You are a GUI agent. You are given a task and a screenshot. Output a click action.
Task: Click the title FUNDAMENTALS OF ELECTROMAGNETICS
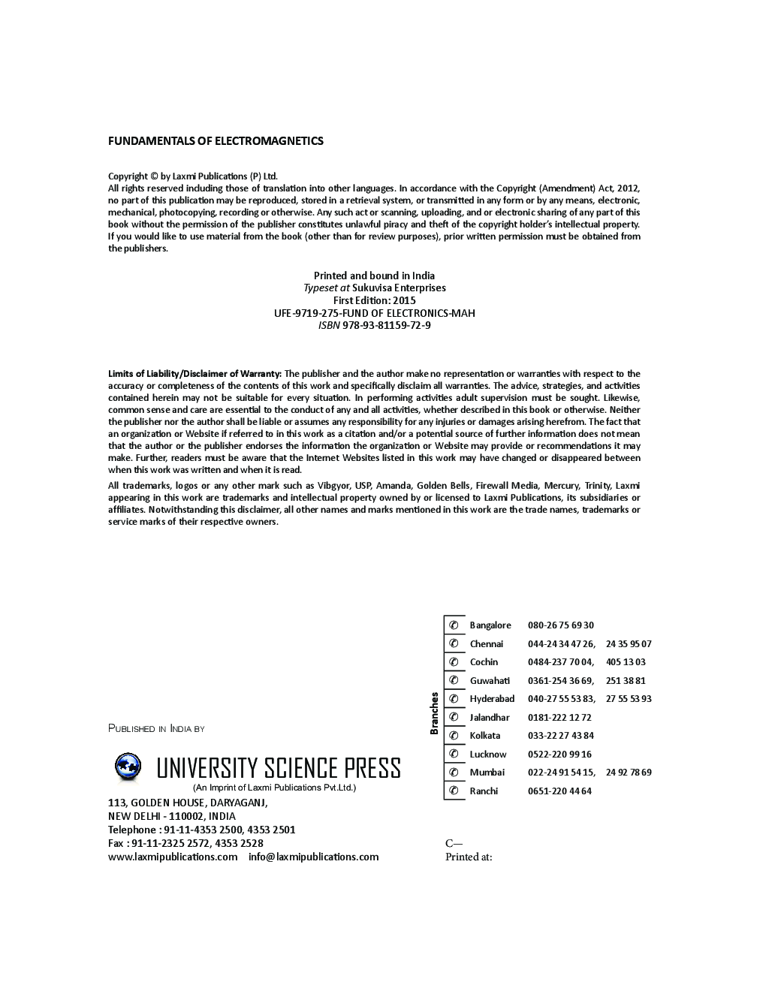pyautogui.click(x=216, y=140)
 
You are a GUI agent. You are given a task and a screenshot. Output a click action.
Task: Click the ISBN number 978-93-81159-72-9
pyautogui.click(x=386, y=325)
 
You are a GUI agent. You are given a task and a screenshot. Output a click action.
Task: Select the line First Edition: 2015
pyautogui.click(x=374, y=300)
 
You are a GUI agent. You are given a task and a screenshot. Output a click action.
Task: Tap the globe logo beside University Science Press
pyautogui.click(x=128, y=767)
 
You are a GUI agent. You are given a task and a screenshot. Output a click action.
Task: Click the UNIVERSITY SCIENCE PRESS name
pyautogui.click(x=278, y=768)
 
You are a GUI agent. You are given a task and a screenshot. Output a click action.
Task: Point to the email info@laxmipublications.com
pyautogui.click(x=313, y=857)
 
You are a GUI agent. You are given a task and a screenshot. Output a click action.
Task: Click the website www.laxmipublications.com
pyautogui.click(x=173, y=857)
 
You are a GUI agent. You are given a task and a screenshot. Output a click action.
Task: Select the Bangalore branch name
pyautogui.click(x=490, y=625)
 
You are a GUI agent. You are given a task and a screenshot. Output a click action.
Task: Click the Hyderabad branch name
pyautogui.click(x=492, y=699)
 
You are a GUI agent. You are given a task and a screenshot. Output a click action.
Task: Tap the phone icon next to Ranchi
pyautogui.click(x=454, y=791)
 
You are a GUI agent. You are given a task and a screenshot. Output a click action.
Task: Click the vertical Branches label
pyautogui.click(x=434, y=713)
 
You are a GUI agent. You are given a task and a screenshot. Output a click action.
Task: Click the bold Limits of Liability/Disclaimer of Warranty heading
pyautogui.click(x=195, y=373)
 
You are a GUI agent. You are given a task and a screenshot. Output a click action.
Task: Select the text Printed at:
pyautogui.click(x=469, y=857)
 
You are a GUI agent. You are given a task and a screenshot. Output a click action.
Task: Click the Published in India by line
pyautogui.click(x=156, y=728)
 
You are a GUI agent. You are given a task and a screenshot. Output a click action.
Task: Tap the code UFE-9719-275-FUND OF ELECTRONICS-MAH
pyautogui.click(x=374, y=313)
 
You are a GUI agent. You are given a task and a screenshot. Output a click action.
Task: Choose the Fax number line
pyautogui.click(x=185, y=843)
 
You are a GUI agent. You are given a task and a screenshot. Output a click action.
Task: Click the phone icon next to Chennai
pyautogui.click(x=454, y=643)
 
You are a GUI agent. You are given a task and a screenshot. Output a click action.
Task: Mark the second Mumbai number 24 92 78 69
pyautogui.click(x=629, y=772)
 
